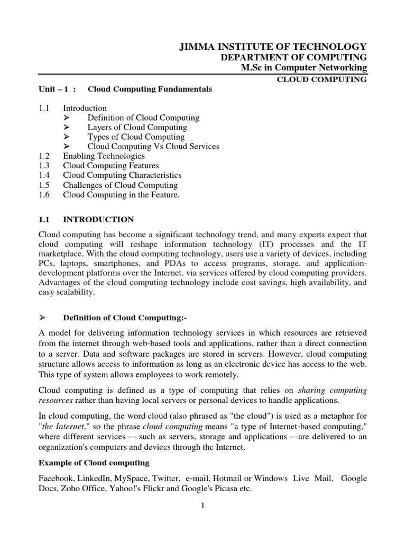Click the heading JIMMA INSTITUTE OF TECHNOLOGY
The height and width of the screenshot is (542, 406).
point(273,47)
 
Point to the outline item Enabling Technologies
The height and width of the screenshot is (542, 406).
point(104,156)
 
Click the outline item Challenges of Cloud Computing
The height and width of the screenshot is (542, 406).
point(120,185)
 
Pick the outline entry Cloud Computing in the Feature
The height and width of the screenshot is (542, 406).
point(122,195)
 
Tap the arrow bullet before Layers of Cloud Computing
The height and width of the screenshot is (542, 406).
point(67,128)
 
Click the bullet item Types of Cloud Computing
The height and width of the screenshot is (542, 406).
point(137,137)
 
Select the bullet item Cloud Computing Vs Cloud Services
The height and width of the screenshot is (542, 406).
point(153,147)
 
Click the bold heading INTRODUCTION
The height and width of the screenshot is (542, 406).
point(98,219)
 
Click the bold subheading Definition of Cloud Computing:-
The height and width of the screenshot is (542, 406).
point(125,318)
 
